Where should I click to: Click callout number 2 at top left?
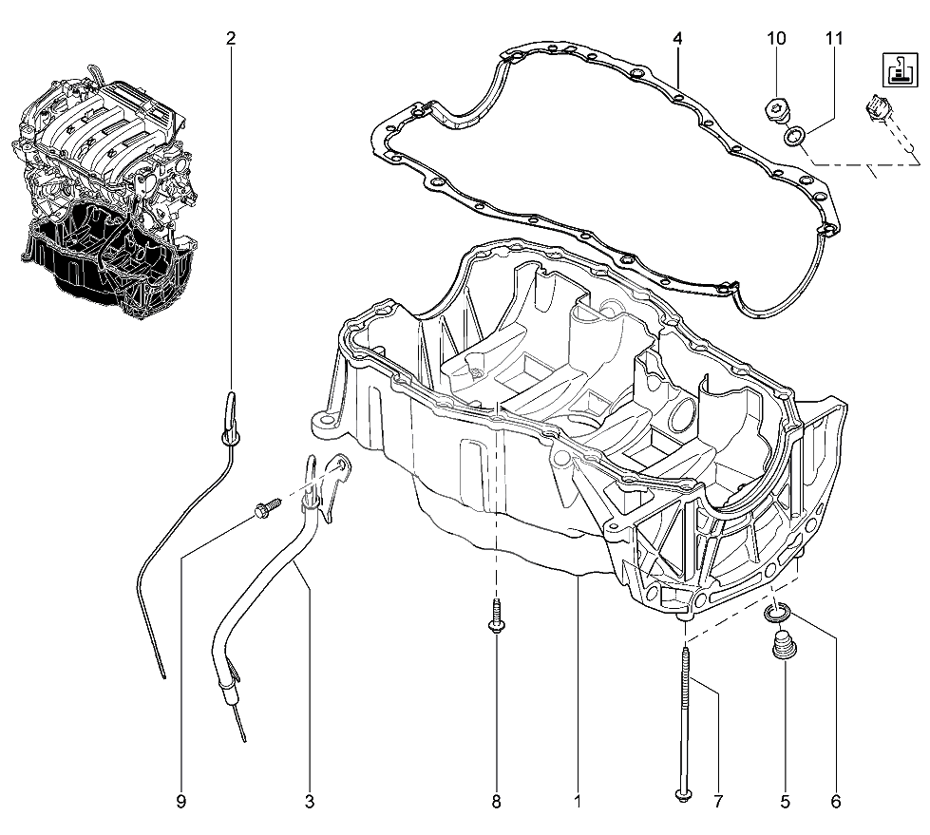click(x=231, y=39)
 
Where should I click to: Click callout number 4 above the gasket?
click(x=677, y=39)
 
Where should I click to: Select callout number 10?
click(x=776, y=39)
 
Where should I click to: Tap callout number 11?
click(x=834, y=39)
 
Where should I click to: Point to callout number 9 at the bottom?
click(x=181, y=803)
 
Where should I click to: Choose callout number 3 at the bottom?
click(x=310, y=803)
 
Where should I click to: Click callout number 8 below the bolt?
click(x=497, y=803)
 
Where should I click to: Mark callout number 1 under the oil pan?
click(x=578, y=803)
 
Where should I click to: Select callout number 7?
click(x=718, y=803)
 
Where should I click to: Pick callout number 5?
click(x=786, y=803)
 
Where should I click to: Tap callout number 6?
click(x=836, y=803)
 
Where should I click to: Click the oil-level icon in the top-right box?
click(x=900, y=70)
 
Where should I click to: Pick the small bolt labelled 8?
click(x=496, y=617)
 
